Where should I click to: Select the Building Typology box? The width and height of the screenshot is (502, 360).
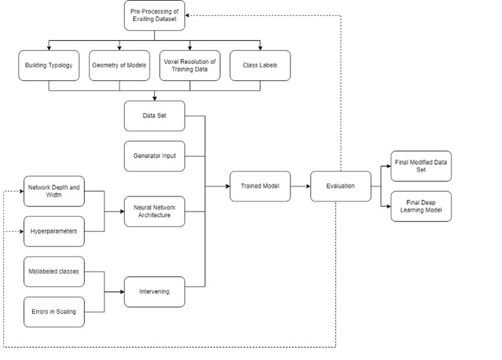tap(48, 66)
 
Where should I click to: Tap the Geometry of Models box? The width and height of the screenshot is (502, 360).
tap(119, 66)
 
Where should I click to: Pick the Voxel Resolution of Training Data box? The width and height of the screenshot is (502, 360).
tap(190, 66)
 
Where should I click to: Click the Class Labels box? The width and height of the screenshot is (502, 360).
tap(260, 66)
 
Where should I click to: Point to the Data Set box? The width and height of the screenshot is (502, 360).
tap(154, 116)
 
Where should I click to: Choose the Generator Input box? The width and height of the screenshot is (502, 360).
tap(154, 156)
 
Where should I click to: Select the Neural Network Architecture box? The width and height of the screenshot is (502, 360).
tap(154, 212)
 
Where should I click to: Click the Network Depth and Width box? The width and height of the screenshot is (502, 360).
tap(54, 191)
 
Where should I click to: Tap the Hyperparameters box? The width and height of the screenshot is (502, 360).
tap(54, 231)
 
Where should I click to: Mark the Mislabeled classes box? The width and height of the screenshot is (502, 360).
tap(54, 271)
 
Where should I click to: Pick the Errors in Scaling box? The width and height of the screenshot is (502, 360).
tap(54, 311)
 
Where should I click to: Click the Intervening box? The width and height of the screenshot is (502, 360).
tap(154, 291)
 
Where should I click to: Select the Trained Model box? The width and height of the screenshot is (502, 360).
tap(260, 186)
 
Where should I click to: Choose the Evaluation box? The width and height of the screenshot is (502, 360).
tap(340, 186)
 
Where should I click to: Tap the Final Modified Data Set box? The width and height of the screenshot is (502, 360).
tap(421, 166)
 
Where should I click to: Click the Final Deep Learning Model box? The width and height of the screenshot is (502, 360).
tap(421, 206)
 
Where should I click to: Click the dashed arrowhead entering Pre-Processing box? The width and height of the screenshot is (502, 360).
tap(187, 15)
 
